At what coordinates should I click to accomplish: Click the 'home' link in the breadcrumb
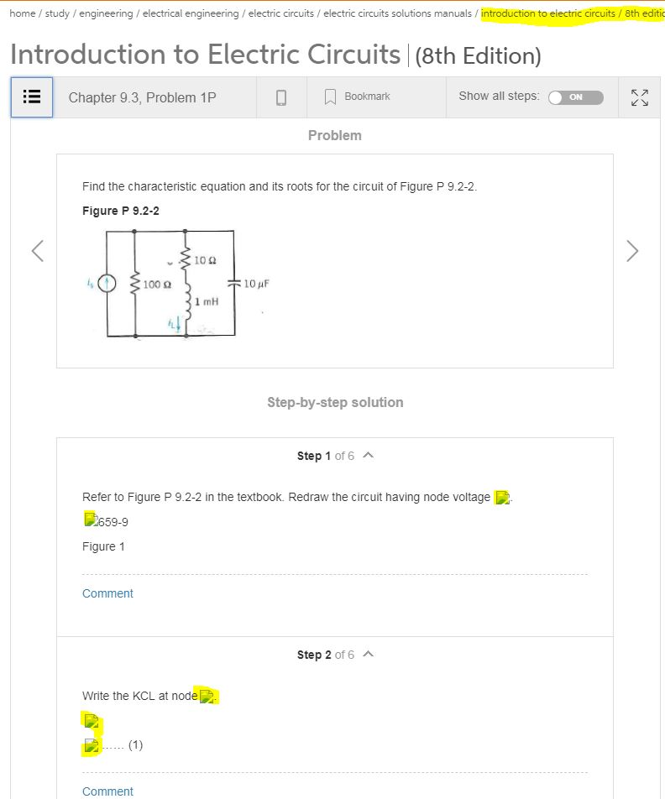pyautogui.click(x=23, y=13)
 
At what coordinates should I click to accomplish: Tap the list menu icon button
pyautogui.click(x=32, y=97)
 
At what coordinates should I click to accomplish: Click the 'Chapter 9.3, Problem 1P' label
pyautogui.click(x=142, y=97)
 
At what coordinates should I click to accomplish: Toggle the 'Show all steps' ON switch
pyautogui.click(x=575, y=97)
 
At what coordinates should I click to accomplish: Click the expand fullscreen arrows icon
pyautogui.click(x=640, y=97)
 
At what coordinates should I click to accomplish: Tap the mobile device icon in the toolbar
pyautogui.click(x=281, y=97)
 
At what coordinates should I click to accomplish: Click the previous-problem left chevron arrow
pyautogui.click(x=37, y=251)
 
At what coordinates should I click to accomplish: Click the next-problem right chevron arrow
pyautogui.click(x=632, y=251)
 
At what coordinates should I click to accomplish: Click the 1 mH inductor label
pyautogui.click(x=207, y=300)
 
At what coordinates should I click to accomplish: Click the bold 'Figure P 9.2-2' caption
pyautogui.click(x=121, y=211)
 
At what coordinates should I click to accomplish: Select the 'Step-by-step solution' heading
pyautogui.click(x=335, y=402)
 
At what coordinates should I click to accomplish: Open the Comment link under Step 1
pyautogui.click(x=107, y=593)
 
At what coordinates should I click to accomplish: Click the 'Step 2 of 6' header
pyautogui.click(x=326, y=654)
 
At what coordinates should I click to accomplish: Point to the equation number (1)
pyautogui.click(x=135, y=744)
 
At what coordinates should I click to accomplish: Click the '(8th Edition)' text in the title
pyautogui.click(x=478, y=56)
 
